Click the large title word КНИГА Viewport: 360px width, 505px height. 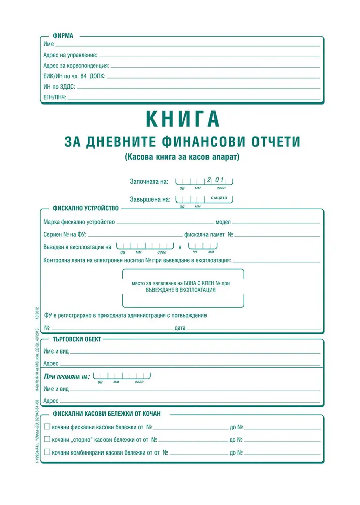point(183,119)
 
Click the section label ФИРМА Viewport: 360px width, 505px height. point(63,36)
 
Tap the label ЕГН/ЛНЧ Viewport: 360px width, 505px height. point(55,96)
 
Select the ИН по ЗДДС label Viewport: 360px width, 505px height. point(59,87)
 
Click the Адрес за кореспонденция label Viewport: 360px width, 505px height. point(76,65)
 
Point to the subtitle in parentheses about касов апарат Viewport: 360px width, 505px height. point(182,157)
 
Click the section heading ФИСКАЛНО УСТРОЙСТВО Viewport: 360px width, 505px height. point(85,208)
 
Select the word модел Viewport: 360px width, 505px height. point(223,222)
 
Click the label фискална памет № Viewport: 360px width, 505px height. point(209,235)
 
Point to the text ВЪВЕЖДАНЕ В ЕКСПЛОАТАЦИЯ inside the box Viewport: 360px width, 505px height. point(183,290)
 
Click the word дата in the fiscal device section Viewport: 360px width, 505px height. point(180,328)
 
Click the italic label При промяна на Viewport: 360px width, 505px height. point(67,377)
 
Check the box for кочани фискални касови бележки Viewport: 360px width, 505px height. point(47,427)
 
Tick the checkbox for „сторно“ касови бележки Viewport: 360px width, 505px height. point(47,439)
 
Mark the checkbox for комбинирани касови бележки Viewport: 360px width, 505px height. point(47,452)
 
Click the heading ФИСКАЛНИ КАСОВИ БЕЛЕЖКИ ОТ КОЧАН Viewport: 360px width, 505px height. point(106,414)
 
